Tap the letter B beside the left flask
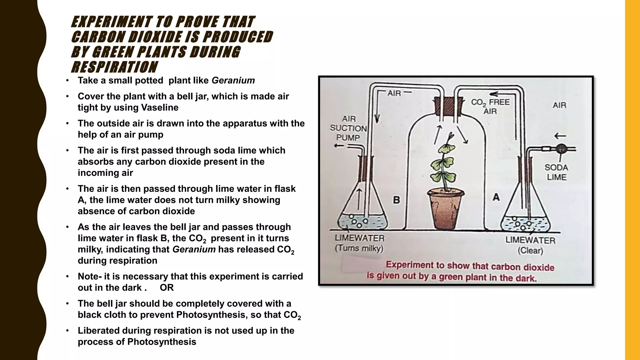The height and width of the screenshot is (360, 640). pyautogui.click(x=396, y=200)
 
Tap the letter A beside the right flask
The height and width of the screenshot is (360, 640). pyautogui.click(x=496, y=197)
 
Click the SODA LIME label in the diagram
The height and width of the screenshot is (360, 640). pyautogui.click(x=557, y=172)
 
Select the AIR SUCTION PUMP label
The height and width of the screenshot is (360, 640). pyautogui.click(x=348, y=128)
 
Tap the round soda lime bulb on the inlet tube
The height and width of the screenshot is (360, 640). pyautogui.click(x=561, y=149)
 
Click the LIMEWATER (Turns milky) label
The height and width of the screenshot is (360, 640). pyautogui.click(x=359, y=243)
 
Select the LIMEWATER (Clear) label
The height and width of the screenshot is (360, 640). pyautogui.click(x=530, y=245)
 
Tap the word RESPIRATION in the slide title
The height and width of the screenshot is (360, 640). pyautogui.click(x=114, y=67)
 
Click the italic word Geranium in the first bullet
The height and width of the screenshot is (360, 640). pyautogui.click(x=233, y=80)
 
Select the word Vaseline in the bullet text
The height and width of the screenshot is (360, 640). pyautogui.click(x=160, y=107)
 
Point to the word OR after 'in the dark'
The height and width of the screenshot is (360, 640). pyautogui.click(x=167, y=287)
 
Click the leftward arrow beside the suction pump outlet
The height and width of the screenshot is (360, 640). pyautogui.click(x=339, y=146)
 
